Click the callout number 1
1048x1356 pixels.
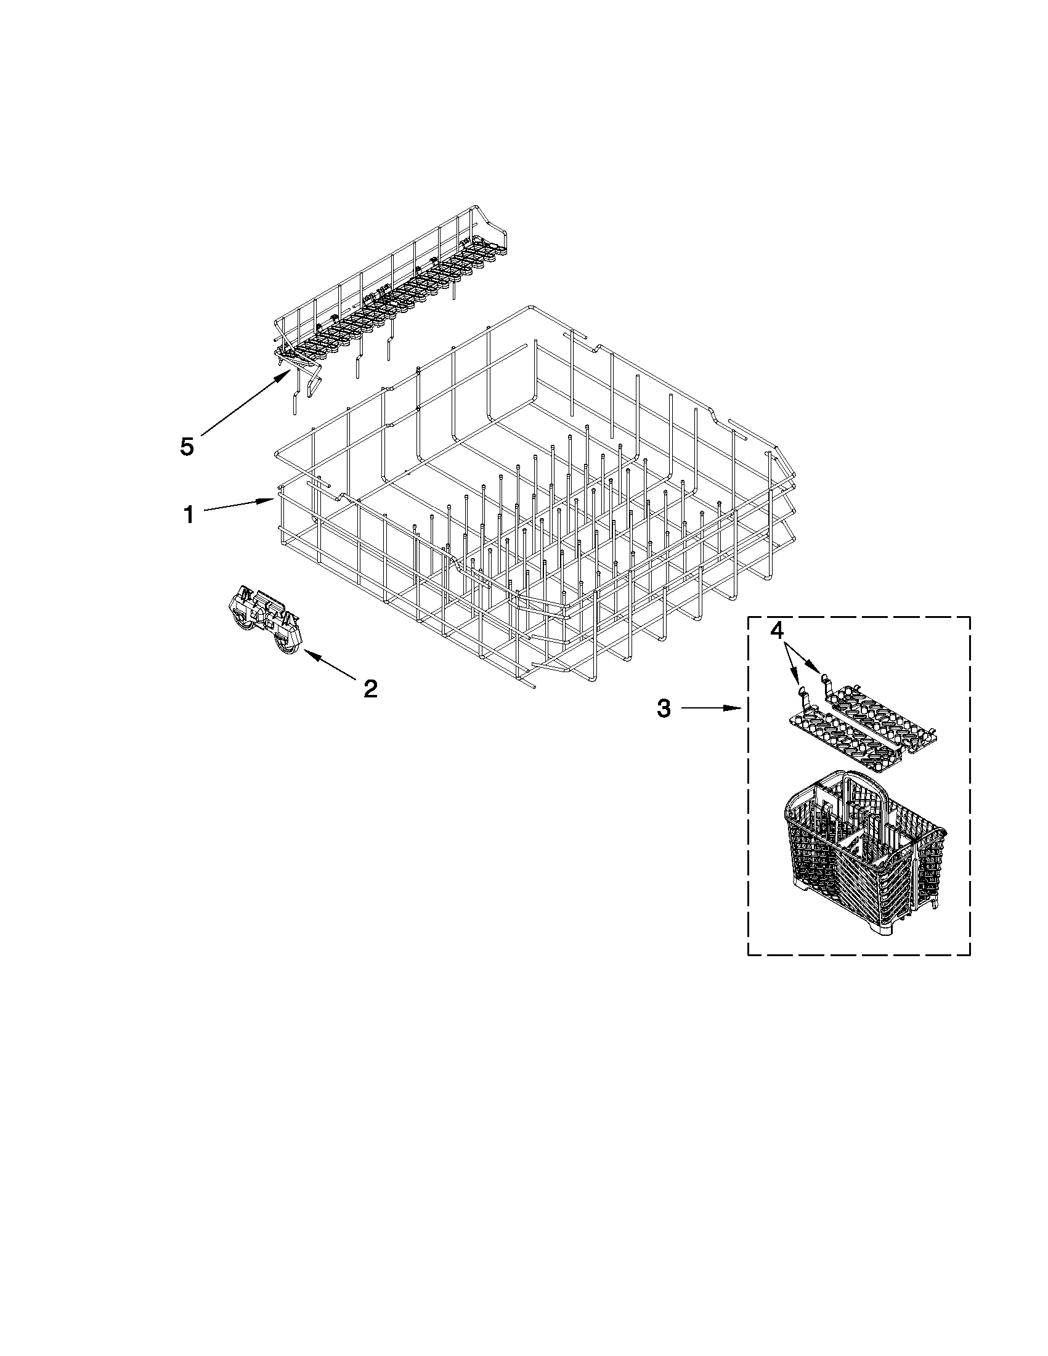188,514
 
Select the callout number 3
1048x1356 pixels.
664,708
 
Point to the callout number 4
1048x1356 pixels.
776,630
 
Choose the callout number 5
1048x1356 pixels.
187,447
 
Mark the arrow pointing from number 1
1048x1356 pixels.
239,505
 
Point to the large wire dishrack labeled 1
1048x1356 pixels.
528,497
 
